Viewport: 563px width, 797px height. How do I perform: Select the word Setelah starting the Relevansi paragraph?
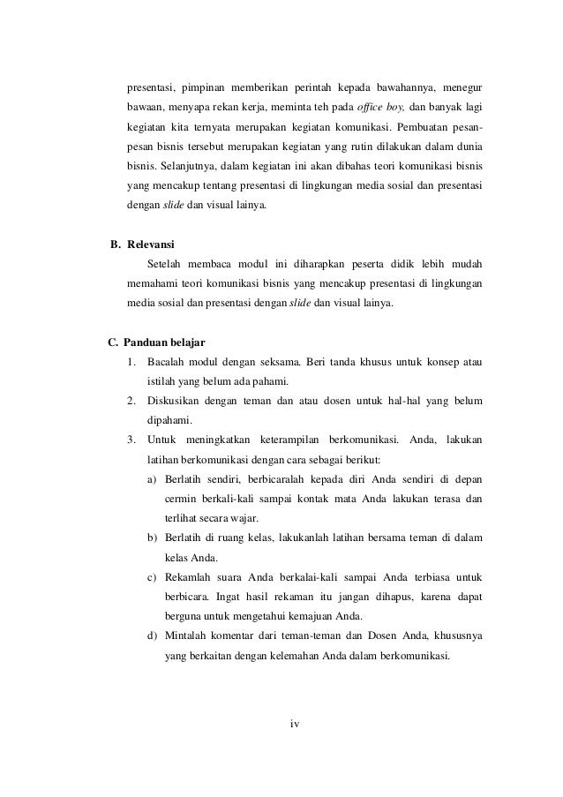click(168, 264)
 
